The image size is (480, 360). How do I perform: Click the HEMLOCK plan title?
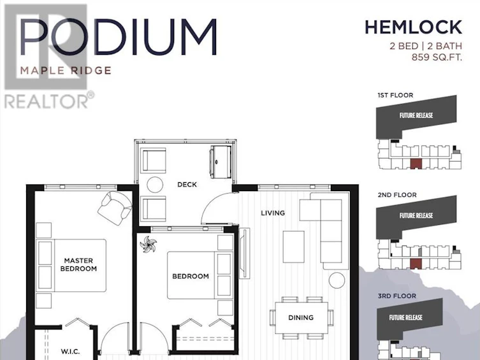tap(413, 27)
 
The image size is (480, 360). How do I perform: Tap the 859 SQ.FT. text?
tap(437, 57)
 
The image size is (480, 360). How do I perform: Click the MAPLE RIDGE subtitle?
tap(66, 71)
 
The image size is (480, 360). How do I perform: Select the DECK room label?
tap(187, 184)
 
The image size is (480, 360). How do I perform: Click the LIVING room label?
tap(273, 213)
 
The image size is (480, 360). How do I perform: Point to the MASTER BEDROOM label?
tap(78, 264)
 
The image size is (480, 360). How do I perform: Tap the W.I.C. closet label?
tap(70, 352)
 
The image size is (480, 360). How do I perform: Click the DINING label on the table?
tap(301, 317)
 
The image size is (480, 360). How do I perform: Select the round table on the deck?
tap(155, 185)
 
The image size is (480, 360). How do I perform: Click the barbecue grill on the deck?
tap(220, 162)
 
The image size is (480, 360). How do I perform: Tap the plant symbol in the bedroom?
tap(149, 244)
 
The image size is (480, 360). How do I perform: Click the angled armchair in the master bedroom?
tap(115, 208)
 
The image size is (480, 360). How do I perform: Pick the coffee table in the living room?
tap(294, 247)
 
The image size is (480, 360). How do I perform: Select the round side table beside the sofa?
tap(337, 280)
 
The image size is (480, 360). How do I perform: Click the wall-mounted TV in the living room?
tap(244, 253)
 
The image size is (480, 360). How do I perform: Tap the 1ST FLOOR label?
tap(395, 95)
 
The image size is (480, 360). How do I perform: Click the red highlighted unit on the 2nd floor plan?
tap(416, 264)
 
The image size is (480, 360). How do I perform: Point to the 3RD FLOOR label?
tap(396, 296)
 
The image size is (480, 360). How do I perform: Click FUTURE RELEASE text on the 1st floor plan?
tap(416, 115)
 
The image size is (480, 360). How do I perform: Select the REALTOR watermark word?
tap(46, 101)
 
